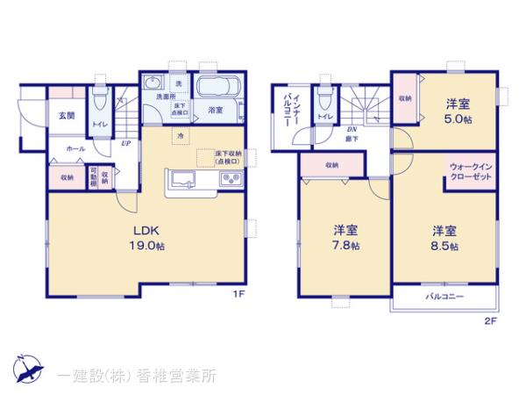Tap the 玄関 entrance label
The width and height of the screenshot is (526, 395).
pyautogui.click(x=67, y=116)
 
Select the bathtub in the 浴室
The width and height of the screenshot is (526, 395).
pyautogui.click(x=216, y=90)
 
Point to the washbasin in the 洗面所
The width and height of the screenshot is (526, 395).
pyautogui.click(x=153, y=84)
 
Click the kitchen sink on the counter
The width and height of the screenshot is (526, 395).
pyautogui.click(x=183, y=180)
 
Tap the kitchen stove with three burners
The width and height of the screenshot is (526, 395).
pyautogui.click(x=231, y=180)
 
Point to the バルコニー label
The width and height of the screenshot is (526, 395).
pyautogui.click(x=444, y=298)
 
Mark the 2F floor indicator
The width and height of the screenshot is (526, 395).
pyautogui.click(x=490, y=321)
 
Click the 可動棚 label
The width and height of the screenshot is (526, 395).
pyautogui.click(x=94, y=177)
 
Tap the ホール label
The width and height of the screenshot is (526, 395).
pyautogui.click(x=75, y=148)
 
